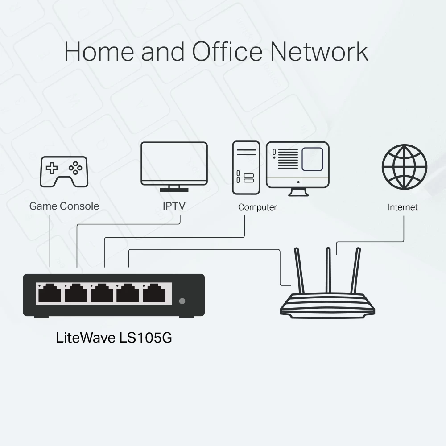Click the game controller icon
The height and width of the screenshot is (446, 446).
(x=64, y=171)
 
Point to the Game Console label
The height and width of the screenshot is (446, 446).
(x=64, y=206)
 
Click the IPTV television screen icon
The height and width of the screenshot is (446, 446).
(x=174, y=163)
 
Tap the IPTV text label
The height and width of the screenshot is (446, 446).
(x=174, y=206)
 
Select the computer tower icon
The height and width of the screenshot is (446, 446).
(x=246, y=168)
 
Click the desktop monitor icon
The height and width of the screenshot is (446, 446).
(x=297, y=166)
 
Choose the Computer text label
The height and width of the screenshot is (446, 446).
(x=257, y=207)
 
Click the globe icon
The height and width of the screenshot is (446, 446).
(x=404, y=167)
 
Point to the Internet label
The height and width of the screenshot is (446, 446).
(x=403, y=207)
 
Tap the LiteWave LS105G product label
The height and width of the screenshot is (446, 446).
(x=114, y=338)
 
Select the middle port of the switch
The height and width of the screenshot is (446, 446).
(x=102, y=294)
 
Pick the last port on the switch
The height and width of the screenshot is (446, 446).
(x=154, y=294)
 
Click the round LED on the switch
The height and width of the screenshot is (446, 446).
(x=182, y=301)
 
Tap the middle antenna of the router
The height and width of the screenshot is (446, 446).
(x=328, y=270)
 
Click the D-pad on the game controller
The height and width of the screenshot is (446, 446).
(x=53, y=168)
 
